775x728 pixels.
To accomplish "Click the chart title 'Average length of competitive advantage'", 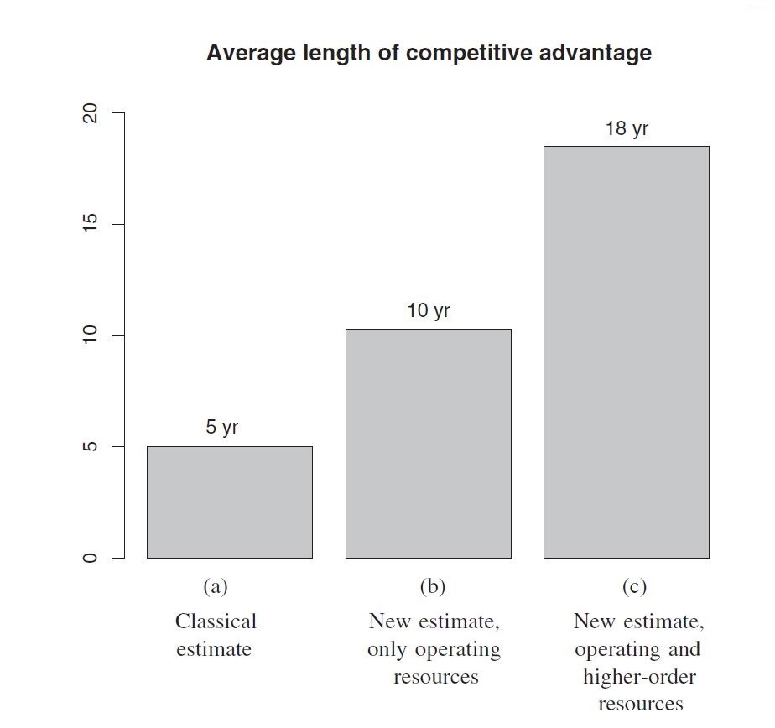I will pyautogui.click(x=429, y=53).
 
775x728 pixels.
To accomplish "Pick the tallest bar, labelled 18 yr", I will pyautogui.click(x=626, y=352).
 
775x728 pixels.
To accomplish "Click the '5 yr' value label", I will pyautogui.click(x=222, y=427).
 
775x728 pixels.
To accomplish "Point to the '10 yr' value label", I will pyautogui.click(x=429, y=310).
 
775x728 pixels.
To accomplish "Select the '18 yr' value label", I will pyautogui.click(x=627, y=128).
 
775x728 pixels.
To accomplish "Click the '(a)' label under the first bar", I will pyautogui.click(x=215, y=586).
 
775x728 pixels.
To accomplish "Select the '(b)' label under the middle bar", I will pyautogui.click(x=433, y=586).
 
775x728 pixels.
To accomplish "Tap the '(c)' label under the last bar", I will pyautogui.click(x=634, y=586).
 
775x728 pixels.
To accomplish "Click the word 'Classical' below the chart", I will pyautogui.click(x=216, y=621).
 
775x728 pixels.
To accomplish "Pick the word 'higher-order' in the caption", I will pyautogui.click(x=639, y=676).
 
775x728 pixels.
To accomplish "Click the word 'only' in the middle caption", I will pyautogui.click(x=387, y=649).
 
